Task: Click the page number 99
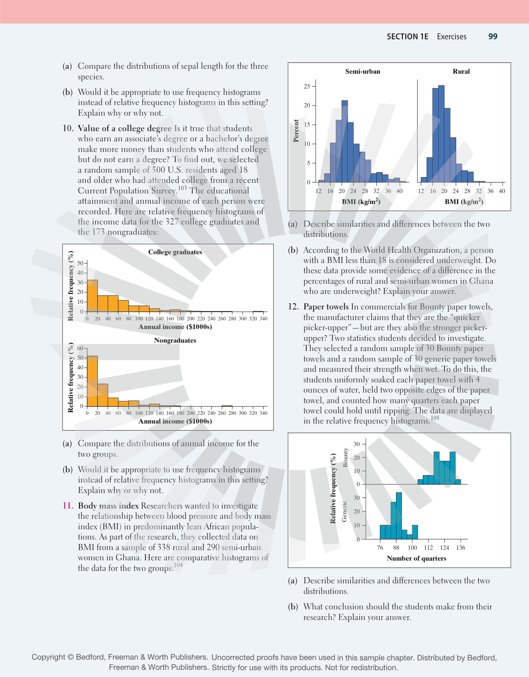click(x=493, y=37)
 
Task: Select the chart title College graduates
click(x=175, y=252)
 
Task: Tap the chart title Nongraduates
click(x=175, y=340)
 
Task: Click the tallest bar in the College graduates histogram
click(x=93, y=296)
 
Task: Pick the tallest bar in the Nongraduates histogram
click(x=93, y=381)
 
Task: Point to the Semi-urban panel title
click(x=362, y=71)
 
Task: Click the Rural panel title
click(x=461, y=71)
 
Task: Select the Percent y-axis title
click(x=296, y=131)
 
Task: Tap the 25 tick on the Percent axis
click(x=307, y=87)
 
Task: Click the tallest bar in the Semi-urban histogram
click(x=345, y=141)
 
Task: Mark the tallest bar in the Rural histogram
click(x=441, y=134)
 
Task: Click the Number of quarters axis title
click(x=416, y=558)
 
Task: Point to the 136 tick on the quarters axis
click(x=461, y=548)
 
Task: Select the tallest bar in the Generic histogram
click(x=399, y=516)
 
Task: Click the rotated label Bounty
click(x=345, y=458)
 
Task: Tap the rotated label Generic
click(x=344, y=512)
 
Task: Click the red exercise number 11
click(x=68, y=506)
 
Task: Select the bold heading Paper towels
click(x=326, y=307)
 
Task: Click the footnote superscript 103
click(x=182, y=188)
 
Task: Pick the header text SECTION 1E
click(x=407, y=37)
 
